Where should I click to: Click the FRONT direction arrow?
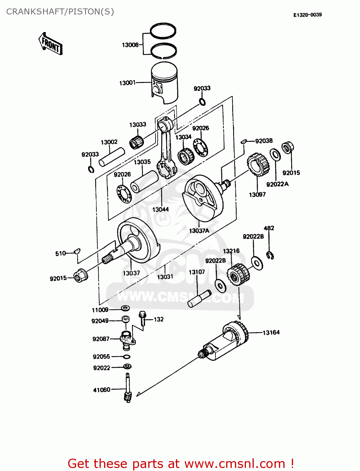pyautogui.click(x=50, y=44)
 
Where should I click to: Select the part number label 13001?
pyautogui.click(x=127, y=83)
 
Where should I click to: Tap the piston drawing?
pyautogui.click(x=164, y=82)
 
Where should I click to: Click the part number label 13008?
pyautogui.click(x=130, y=45)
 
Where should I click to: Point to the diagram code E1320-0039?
pyautogui.click(x=307, y=15)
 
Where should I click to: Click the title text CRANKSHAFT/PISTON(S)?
pyautogui.click(x=60, y=12)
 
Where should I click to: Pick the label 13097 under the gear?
pyautogui.click(x=257, y=195)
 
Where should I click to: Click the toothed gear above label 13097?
pyautogui.click(x=258, y=164)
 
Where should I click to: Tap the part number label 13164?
pyautogui.click(x=271, y=333)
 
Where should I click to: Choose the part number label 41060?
pyautogui.click(x=102, y=390)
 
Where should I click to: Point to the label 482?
pyautogui.click(x=269, y=228)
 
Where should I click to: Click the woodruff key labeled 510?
pyautogui.click(x=77, y=251)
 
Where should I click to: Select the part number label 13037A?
pyautogui.click(x=199, y=231)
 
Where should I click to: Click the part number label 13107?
pyautogui.click(x=197, y=272)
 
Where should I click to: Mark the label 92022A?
pyautogui.click(x=277, y=184)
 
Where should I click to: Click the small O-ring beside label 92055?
pyautogui.click(x=127, y=357)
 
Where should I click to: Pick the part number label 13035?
pyautogui.click(x=142, y=162)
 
